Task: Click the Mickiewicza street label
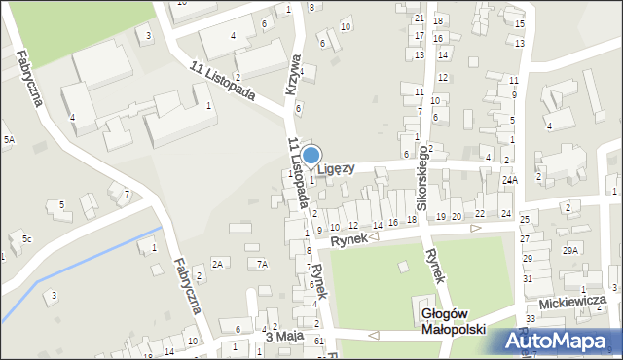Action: pos(582,300)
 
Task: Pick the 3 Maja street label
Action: pos(284,336)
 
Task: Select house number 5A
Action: pos(9,141)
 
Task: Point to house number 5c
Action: pos(27,239)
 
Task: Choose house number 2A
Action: pos(218,264)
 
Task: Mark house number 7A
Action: pos(262,264)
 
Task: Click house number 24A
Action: pos(509,180)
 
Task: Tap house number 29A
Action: pos(569,250)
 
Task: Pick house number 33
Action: pos(531,318)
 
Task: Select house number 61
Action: pos(319,341)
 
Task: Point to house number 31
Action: pos(528,278)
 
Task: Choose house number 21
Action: pos(419,18)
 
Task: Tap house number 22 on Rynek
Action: pos(480,213)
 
